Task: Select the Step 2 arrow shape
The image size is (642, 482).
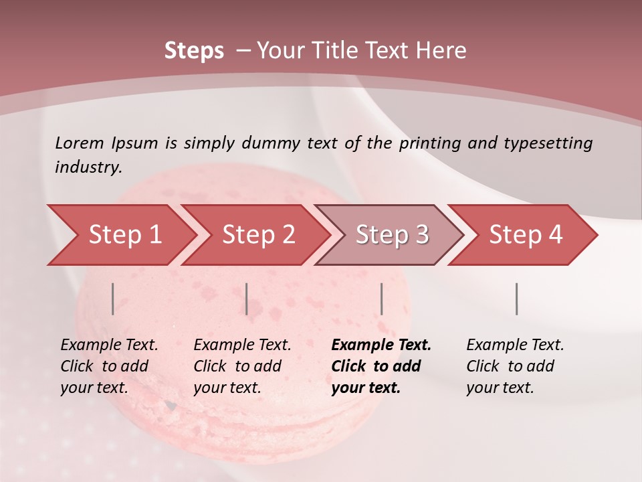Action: click(258, 235)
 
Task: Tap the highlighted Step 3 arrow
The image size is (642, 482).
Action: click(392, 235)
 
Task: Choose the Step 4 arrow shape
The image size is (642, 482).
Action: click(526, 235)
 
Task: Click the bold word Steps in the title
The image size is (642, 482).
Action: click(194, 51)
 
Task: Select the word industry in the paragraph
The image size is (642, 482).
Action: click(88, 167)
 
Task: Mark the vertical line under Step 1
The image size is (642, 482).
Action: click(113, 299)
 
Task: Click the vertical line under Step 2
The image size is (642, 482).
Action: click(247, 299)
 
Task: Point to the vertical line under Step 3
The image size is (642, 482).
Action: click(382, 299)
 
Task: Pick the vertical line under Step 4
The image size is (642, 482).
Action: click(517, 299)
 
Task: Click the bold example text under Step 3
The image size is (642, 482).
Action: click(381, 366)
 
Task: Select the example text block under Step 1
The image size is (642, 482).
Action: click(109, 366)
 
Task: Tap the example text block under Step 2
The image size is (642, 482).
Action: click(242, 366)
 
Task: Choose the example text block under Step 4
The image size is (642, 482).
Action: click(515, 366)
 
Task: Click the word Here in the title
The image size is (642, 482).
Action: click(441, 51)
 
